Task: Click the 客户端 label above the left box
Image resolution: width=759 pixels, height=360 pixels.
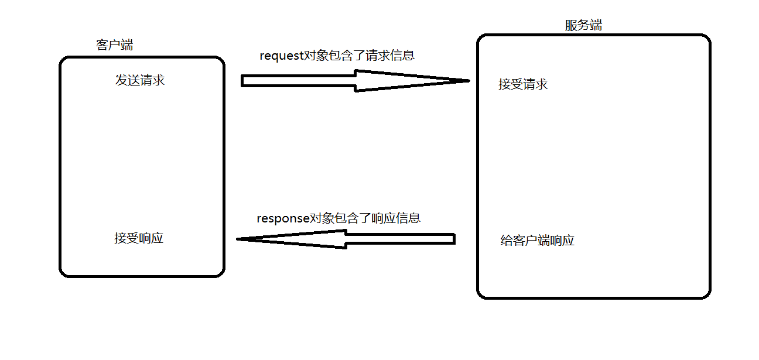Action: (114, 45)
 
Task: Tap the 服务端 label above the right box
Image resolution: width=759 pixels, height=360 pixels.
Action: (583, 25)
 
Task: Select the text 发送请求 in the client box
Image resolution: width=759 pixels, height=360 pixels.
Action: (140, 80)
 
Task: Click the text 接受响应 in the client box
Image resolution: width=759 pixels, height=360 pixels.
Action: (139, 238)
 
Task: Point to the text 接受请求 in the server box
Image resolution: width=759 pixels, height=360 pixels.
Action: (523, 84)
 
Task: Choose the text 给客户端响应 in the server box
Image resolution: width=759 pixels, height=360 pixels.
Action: (538, 240)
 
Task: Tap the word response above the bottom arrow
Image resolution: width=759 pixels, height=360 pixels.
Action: (283, 218)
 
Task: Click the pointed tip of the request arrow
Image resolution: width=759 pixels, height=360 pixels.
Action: (469, 80)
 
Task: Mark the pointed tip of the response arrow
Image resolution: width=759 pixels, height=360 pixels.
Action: (238, 239)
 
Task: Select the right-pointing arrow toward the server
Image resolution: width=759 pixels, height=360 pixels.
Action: (351, 81)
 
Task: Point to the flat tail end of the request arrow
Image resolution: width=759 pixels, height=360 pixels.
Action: (242, 81)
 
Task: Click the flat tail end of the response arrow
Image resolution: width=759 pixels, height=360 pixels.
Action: (454, 239)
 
